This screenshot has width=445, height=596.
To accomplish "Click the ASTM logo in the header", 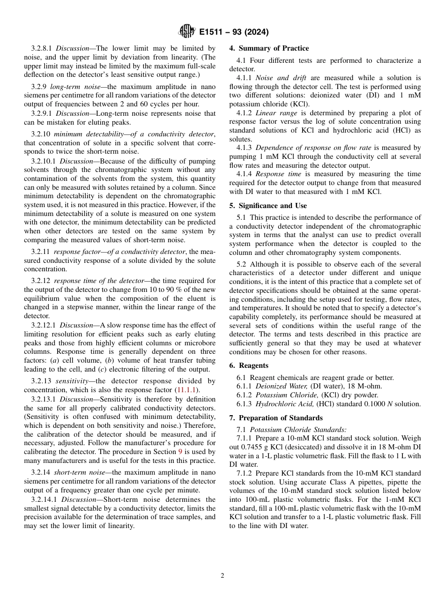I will point(187,32).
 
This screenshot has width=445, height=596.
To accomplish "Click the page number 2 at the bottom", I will point(222,576).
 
